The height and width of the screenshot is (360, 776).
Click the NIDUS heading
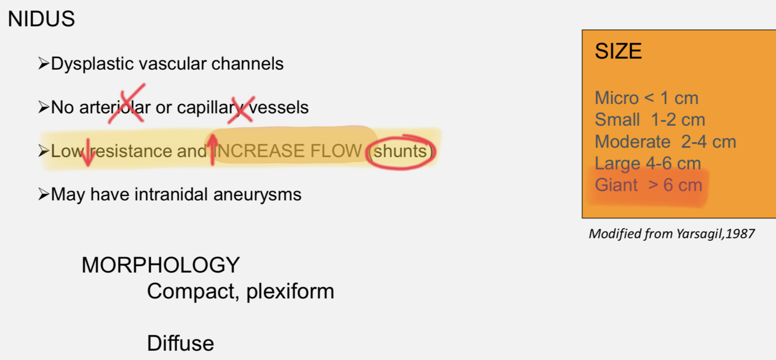41,20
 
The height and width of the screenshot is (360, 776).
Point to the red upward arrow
212,149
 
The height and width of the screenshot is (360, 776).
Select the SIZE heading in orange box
618,52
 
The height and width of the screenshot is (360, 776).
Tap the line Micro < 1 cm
646,98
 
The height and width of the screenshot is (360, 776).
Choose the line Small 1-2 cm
650,120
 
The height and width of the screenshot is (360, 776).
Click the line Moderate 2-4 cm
665,141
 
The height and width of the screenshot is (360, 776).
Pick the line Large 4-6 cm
647,163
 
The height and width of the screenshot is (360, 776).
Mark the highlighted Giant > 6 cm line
649,186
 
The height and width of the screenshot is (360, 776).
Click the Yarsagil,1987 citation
671,234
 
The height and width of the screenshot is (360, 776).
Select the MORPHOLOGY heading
160,265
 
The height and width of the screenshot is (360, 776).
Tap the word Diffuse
180,343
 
